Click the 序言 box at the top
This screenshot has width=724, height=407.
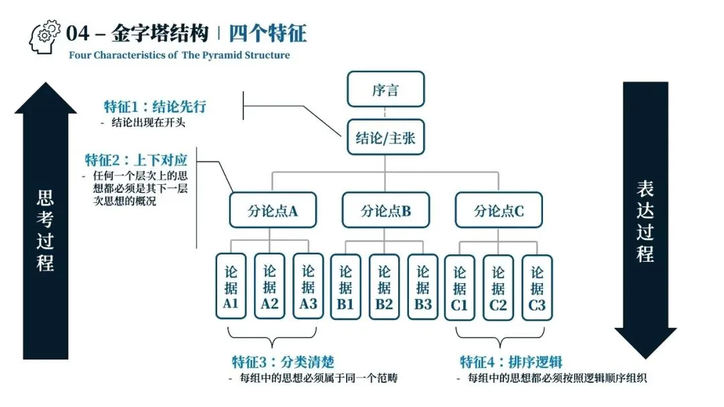click(x=385, y=90)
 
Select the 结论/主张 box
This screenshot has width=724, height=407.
click(x=385, y=139)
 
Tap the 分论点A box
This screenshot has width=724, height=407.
click(x=272, y=211)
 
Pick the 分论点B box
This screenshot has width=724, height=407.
click(x=385, y=211)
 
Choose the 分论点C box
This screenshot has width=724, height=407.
click(x=499, y=211)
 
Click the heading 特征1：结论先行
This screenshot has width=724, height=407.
click(x=155, y=107)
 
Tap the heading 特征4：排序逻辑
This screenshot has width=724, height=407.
click(x=511, y=362)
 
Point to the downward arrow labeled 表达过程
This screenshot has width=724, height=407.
click(x=645, y=221)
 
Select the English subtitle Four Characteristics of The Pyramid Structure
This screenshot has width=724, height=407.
click(x=180, y=55)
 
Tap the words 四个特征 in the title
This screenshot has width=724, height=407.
click(x=267, y=33)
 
